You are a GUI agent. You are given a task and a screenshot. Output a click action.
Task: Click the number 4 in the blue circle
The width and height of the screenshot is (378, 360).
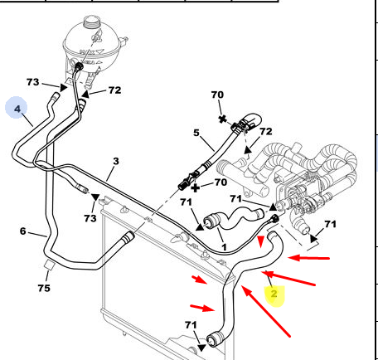pos(17,109)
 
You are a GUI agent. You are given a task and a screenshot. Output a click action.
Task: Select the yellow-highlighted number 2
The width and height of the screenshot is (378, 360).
pos(274,294)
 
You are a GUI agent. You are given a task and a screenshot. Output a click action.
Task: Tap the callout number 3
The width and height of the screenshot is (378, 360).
pos(116,161)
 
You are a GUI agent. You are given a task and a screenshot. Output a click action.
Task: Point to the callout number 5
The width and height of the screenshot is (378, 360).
pos(196,133)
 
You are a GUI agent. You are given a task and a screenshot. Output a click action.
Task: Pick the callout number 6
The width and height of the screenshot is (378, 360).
pos(23,231)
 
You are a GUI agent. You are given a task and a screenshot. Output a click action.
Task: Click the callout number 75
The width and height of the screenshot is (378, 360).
pos(44,288)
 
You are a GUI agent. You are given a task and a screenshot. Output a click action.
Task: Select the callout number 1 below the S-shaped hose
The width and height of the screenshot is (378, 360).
pos(224,247)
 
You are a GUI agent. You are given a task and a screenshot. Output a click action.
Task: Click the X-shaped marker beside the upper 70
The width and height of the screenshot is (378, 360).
pos(222,119)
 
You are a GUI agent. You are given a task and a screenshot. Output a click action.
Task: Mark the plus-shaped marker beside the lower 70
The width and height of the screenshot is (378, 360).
pos(196,188)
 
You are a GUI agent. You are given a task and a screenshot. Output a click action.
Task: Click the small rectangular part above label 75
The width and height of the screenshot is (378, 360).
pos(50,265)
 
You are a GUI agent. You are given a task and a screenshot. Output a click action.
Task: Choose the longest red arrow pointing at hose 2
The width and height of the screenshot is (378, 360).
pos(266,311)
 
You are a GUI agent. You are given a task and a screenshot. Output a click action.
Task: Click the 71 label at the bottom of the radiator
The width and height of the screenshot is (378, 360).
pos(191,325)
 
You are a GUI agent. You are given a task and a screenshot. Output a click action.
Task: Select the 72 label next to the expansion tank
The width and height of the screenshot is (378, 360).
pos(114,90)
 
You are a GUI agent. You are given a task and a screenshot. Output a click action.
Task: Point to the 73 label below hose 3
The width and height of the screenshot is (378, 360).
pos(90,218)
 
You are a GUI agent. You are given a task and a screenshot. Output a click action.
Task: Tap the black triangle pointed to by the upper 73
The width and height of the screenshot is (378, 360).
pos(64,88)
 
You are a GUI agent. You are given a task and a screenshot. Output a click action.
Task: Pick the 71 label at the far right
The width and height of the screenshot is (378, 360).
pos(330,224)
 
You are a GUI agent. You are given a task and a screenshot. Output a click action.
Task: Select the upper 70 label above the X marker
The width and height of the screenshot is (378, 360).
pos(217,95)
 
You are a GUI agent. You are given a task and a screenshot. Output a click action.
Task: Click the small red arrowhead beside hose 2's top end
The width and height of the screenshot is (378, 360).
pos(260,241)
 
